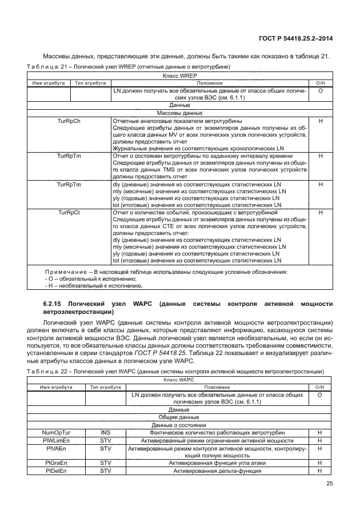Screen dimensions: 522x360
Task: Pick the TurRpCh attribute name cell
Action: tap(69, 121)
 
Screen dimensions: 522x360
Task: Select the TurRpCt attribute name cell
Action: tap(69, 212)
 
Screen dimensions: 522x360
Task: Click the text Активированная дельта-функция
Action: tap(218, 471)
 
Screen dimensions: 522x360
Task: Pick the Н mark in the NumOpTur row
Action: tap(321, 433)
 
